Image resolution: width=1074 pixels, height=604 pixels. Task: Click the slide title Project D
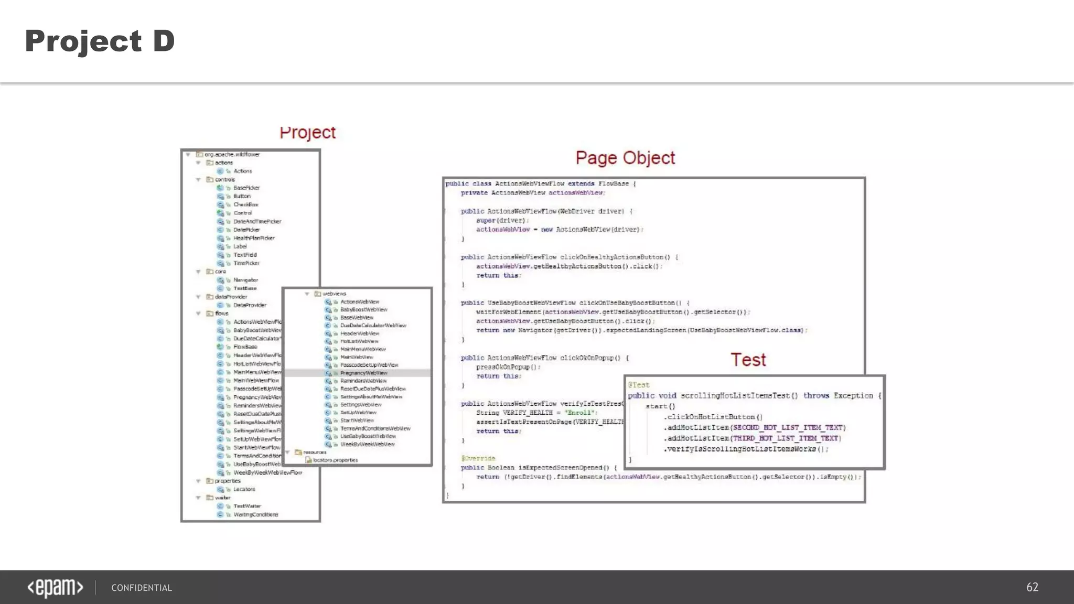point(100,41)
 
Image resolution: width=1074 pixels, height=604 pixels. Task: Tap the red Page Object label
point(625,158)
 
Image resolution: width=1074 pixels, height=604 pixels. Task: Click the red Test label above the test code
point(748,360)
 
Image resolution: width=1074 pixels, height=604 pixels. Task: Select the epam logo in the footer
point(55,588)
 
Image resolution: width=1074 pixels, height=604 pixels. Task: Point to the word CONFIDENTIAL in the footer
point(142,588)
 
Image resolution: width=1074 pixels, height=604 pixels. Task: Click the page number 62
point(1032,587)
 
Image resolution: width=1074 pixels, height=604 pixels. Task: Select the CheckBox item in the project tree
point(245,204)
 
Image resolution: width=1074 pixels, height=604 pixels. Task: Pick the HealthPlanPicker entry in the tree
point(254,238)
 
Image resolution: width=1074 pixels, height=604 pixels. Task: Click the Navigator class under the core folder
point(245,280)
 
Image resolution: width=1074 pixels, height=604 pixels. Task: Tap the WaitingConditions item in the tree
point(255,514)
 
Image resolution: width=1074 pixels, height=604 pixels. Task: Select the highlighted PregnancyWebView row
point(363,373)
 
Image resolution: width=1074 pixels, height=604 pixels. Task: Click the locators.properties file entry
point(335,460)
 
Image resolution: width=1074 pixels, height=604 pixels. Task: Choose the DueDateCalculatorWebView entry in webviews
point(373,325)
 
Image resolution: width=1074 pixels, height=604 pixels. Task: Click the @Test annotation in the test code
point(639,385)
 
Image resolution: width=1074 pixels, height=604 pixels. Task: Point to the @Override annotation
point(478,458)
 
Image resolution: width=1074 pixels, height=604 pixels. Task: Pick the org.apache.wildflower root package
point(232,155)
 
